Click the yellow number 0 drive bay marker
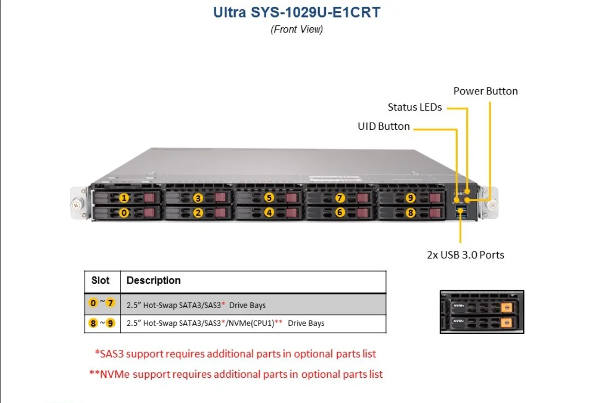[124, 212]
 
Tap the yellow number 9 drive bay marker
[410, 198]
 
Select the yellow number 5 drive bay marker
[269, 198]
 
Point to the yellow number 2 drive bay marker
[198, 212]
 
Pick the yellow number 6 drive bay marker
[340, 212]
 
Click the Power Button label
[485, 91]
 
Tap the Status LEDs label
[414, 107]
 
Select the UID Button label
[383, 126]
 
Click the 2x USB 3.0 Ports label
[465, 255]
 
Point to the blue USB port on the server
[461, 208]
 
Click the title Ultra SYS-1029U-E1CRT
[297, 12]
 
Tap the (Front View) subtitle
[296, 29]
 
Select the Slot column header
[100, 280]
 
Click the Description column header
[153, 280]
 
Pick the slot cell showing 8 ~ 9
[102, 323]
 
